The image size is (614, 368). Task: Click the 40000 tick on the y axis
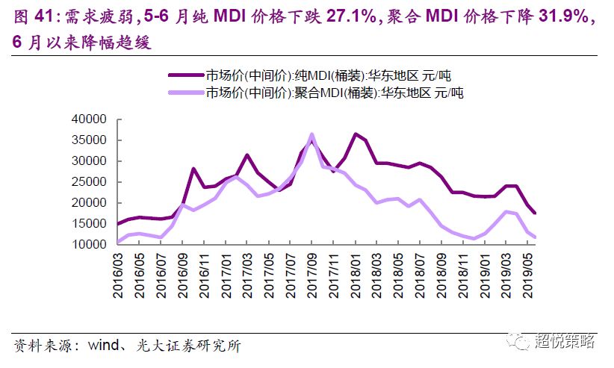(90, 119)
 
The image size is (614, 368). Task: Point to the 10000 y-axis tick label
(90, 245)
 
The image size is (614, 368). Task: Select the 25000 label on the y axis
(90, 182)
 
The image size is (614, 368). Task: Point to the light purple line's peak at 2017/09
(311, 135)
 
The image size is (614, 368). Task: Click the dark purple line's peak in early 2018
(356, 134)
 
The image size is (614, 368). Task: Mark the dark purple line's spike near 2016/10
(193, 169)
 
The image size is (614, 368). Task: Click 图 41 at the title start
(30, 16)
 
